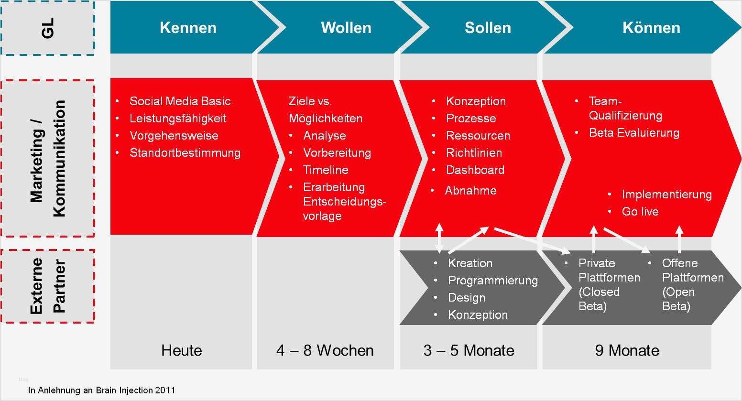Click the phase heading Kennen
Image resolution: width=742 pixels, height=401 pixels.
coord(188,28)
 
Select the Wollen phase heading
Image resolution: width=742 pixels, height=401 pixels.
coord(346,28)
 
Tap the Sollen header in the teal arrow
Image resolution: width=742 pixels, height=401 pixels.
coord(488,28)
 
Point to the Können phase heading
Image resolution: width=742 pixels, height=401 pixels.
coord(651,28)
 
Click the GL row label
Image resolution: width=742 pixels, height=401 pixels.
coord(48,28)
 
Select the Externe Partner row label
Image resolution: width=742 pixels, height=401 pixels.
coord(48,286)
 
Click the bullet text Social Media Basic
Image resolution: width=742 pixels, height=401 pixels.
coord(180,101)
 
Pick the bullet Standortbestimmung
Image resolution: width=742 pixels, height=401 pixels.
coord(185,153)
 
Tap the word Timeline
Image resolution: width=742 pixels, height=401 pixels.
coord(326,170)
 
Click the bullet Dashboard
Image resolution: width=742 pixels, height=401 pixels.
coord(475,170)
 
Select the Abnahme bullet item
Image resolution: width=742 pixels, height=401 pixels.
coord(470,191)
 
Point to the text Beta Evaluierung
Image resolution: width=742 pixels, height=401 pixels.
coord(634,133)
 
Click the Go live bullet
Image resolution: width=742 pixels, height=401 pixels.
coord(640,212)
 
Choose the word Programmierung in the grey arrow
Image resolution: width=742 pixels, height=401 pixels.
coord(492,281)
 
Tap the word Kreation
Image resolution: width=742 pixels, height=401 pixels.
coord(470,263)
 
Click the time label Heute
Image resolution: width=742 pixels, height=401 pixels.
coord(182,350)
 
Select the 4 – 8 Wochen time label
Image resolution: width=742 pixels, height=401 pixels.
coord(325,350)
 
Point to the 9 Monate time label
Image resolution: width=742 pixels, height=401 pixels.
coord(627,350)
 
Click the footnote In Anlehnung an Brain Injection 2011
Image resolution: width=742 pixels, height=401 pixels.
coord(101,390)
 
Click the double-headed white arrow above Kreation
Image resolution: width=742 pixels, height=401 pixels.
coord(439,238)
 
